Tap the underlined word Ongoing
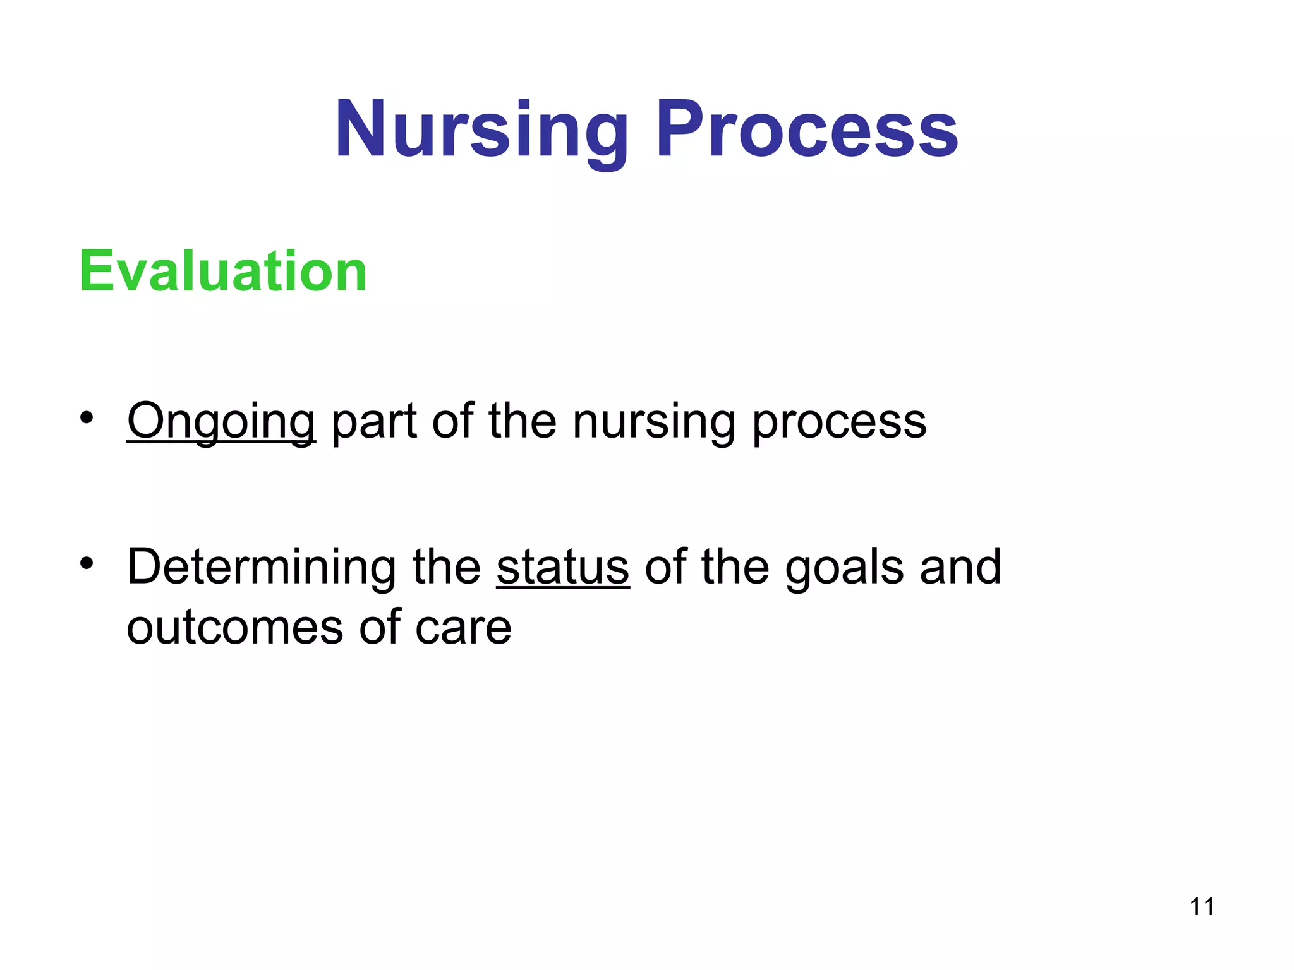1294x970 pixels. coord(221,421)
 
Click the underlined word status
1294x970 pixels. coord(562,566)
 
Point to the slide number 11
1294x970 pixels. coord(1202,907)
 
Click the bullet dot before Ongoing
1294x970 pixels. coord(87,417)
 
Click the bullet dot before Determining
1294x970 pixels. coord(87,563)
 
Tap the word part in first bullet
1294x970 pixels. coord(373,422)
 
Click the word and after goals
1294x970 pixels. coord(960,566)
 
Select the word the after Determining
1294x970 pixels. coord(446,566)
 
